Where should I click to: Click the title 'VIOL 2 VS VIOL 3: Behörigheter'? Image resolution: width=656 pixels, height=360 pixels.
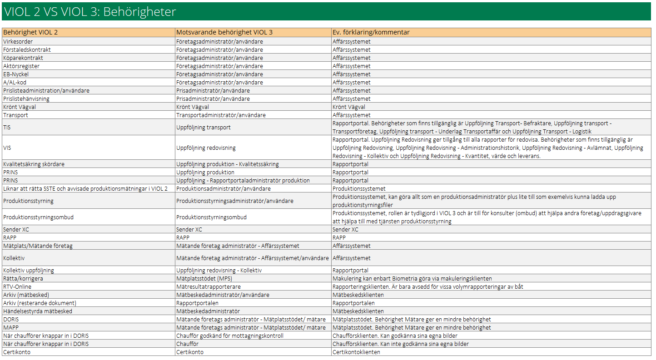coord(90,12)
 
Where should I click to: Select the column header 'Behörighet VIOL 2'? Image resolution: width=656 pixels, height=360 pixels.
coord(30,32)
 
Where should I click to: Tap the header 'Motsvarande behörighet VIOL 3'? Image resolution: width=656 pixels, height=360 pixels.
coord(224,32)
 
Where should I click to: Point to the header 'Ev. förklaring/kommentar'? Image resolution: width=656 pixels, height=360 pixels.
coord(371,32)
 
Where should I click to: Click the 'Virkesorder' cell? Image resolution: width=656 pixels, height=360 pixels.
coord(18,42)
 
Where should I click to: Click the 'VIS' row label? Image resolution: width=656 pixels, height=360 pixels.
coord(8,148)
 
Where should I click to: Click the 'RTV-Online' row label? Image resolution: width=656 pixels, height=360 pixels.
coord(17,287)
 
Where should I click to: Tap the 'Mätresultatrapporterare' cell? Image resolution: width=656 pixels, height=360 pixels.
coord(208,287)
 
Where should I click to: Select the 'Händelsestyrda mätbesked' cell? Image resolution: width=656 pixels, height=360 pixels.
coord(38,311)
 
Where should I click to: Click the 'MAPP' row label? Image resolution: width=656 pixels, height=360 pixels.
coord(11,328)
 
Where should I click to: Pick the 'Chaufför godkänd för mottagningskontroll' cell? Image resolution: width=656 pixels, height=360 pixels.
coord(230,336)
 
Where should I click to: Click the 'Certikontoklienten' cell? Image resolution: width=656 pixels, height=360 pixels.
coord(356,352)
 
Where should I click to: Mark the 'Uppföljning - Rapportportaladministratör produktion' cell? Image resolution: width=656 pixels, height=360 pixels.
coord(243,181)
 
